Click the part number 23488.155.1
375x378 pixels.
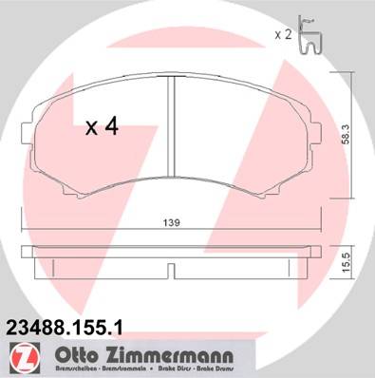click(x=65, y=327)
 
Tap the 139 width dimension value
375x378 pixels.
click(x=172, y=223)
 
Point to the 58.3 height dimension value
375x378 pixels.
click(x=347, y=134)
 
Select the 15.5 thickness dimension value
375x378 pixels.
click(x=347, y=262)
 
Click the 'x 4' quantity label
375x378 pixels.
click(x=102, y=126)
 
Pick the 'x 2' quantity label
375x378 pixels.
click(x=283, y=34)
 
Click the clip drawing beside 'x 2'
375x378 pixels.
click(x=309, y=35)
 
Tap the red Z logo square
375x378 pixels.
click(x=25, y=358)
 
